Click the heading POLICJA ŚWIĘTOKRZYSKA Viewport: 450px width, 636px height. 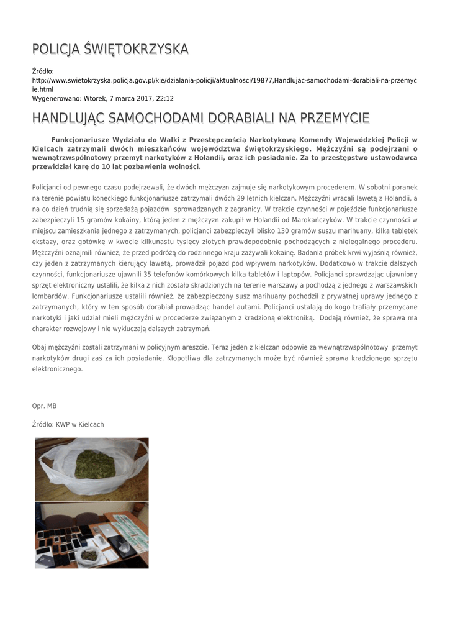[x=110, y=49]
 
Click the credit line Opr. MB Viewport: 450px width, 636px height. [x=44, y=406]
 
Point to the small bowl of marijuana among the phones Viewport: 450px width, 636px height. [x=89, y=554]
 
